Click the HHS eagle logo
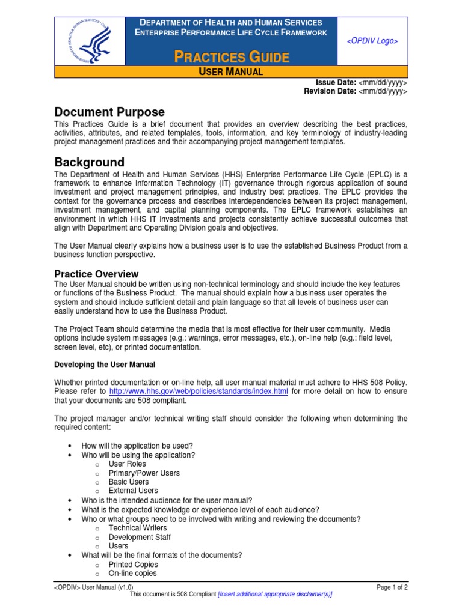tap(90, 40)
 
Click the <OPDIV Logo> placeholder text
tap(372, 40)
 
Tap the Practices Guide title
tap(232, 58)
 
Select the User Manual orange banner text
tap(231, 72)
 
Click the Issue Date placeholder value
tap(383, 82)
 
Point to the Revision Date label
tap(330, 91)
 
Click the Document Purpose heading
tap(109, 112)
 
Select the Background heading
tap(90, 162)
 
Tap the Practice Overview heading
tap(96, 274)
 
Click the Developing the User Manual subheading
tap(105, 365)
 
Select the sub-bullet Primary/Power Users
tap(144, 473)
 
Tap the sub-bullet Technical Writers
tap(138, 528)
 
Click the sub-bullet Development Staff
tap(140, 537)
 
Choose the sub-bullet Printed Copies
tap(133, 565)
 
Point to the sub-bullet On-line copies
tap(132, 574)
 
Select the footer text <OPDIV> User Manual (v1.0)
tap(94, 587)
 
